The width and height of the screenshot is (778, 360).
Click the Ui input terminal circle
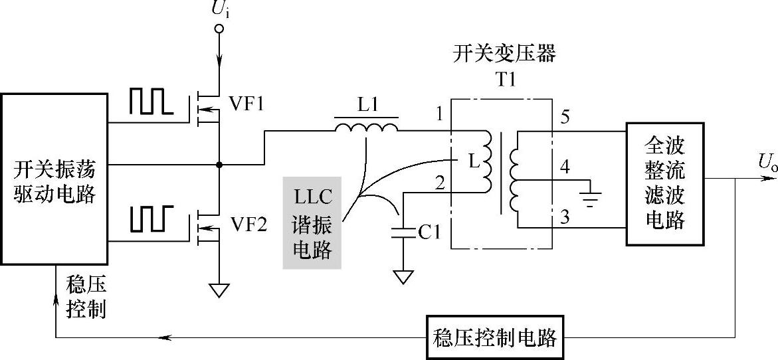coord(219,29)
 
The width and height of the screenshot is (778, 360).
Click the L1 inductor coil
coord(366,128)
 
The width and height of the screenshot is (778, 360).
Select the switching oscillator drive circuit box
coord(54,179)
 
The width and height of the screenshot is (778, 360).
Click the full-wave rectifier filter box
coord(665,183)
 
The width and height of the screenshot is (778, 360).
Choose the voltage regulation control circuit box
coord(495,337)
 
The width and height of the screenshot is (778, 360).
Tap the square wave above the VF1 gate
coord(151,102)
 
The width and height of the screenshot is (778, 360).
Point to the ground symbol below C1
coord(403,278)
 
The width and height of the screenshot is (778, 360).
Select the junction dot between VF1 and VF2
coord(219,164)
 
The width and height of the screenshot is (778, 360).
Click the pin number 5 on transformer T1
coord(565,117)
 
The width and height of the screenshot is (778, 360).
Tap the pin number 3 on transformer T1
coord(565,216)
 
